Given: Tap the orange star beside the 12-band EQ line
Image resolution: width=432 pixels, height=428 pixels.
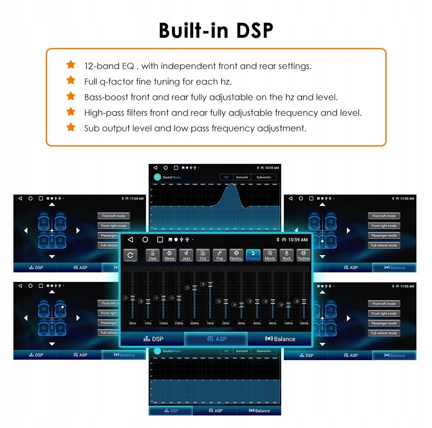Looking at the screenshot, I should [71, 65].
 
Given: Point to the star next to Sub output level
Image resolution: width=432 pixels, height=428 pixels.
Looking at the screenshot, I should [71, 128].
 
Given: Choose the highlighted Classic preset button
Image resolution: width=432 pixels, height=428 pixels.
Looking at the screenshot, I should [253, 255].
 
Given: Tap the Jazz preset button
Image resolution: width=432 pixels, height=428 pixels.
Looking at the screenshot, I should [186, 255].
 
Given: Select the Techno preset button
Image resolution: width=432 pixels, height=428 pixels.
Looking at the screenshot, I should [303, 255].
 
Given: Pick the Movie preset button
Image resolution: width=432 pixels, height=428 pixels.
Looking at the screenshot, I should [270, 255].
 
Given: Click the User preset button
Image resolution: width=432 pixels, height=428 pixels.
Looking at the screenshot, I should [152, 255].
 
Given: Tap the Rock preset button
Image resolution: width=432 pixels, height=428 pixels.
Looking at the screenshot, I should [287, 255].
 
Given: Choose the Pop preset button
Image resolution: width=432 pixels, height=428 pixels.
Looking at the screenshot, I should [220, 255].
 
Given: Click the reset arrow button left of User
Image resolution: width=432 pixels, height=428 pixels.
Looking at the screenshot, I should [130, 255].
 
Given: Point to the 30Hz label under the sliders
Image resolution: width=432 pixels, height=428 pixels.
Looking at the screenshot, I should [132, 323].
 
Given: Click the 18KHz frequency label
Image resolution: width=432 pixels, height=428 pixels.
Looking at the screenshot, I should [304, 323].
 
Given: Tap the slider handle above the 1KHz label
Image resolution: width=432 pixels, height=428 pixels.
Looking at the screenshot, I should [210, 284].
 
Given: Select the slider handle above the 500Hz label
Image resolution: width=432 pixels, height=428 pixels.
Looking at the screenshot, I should [194, 287].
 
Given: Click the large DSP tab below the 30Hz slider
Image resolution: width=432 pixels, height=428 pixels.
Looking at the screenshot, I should [153, 339].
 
